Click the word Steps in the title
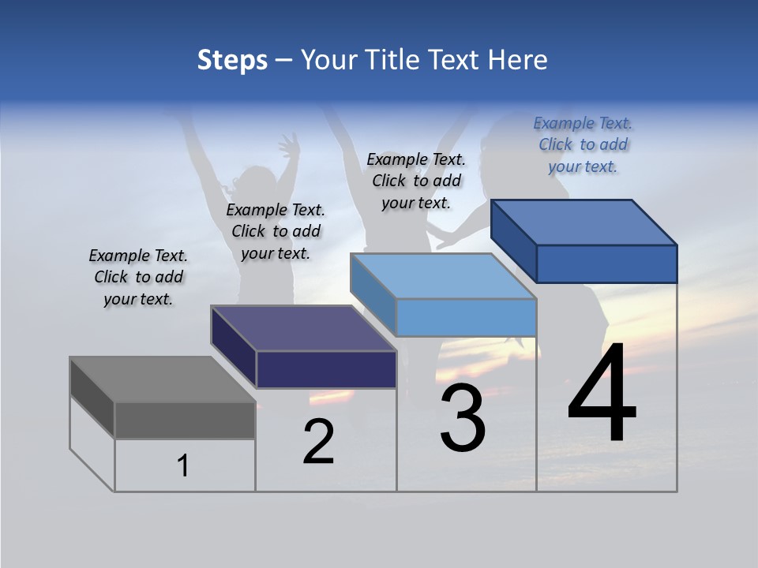231,60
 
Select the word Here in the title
518,60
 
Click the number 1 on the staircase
183,466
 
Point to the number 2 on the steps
319,442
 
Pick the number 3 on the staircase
463,418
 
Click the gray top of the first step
162,379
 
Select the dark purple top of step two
303,328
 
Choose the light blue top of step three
443,276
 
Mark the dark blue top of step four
584,222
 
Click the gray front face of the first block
185,420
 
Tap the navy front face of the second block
326,369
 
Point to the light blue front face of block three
466,318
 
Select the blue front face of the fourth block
606,263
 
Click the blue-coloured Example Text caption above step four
583,144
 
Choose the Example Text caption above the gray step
138,277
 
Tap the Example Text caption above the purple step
276,231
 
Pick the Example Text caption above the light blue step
416,181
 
